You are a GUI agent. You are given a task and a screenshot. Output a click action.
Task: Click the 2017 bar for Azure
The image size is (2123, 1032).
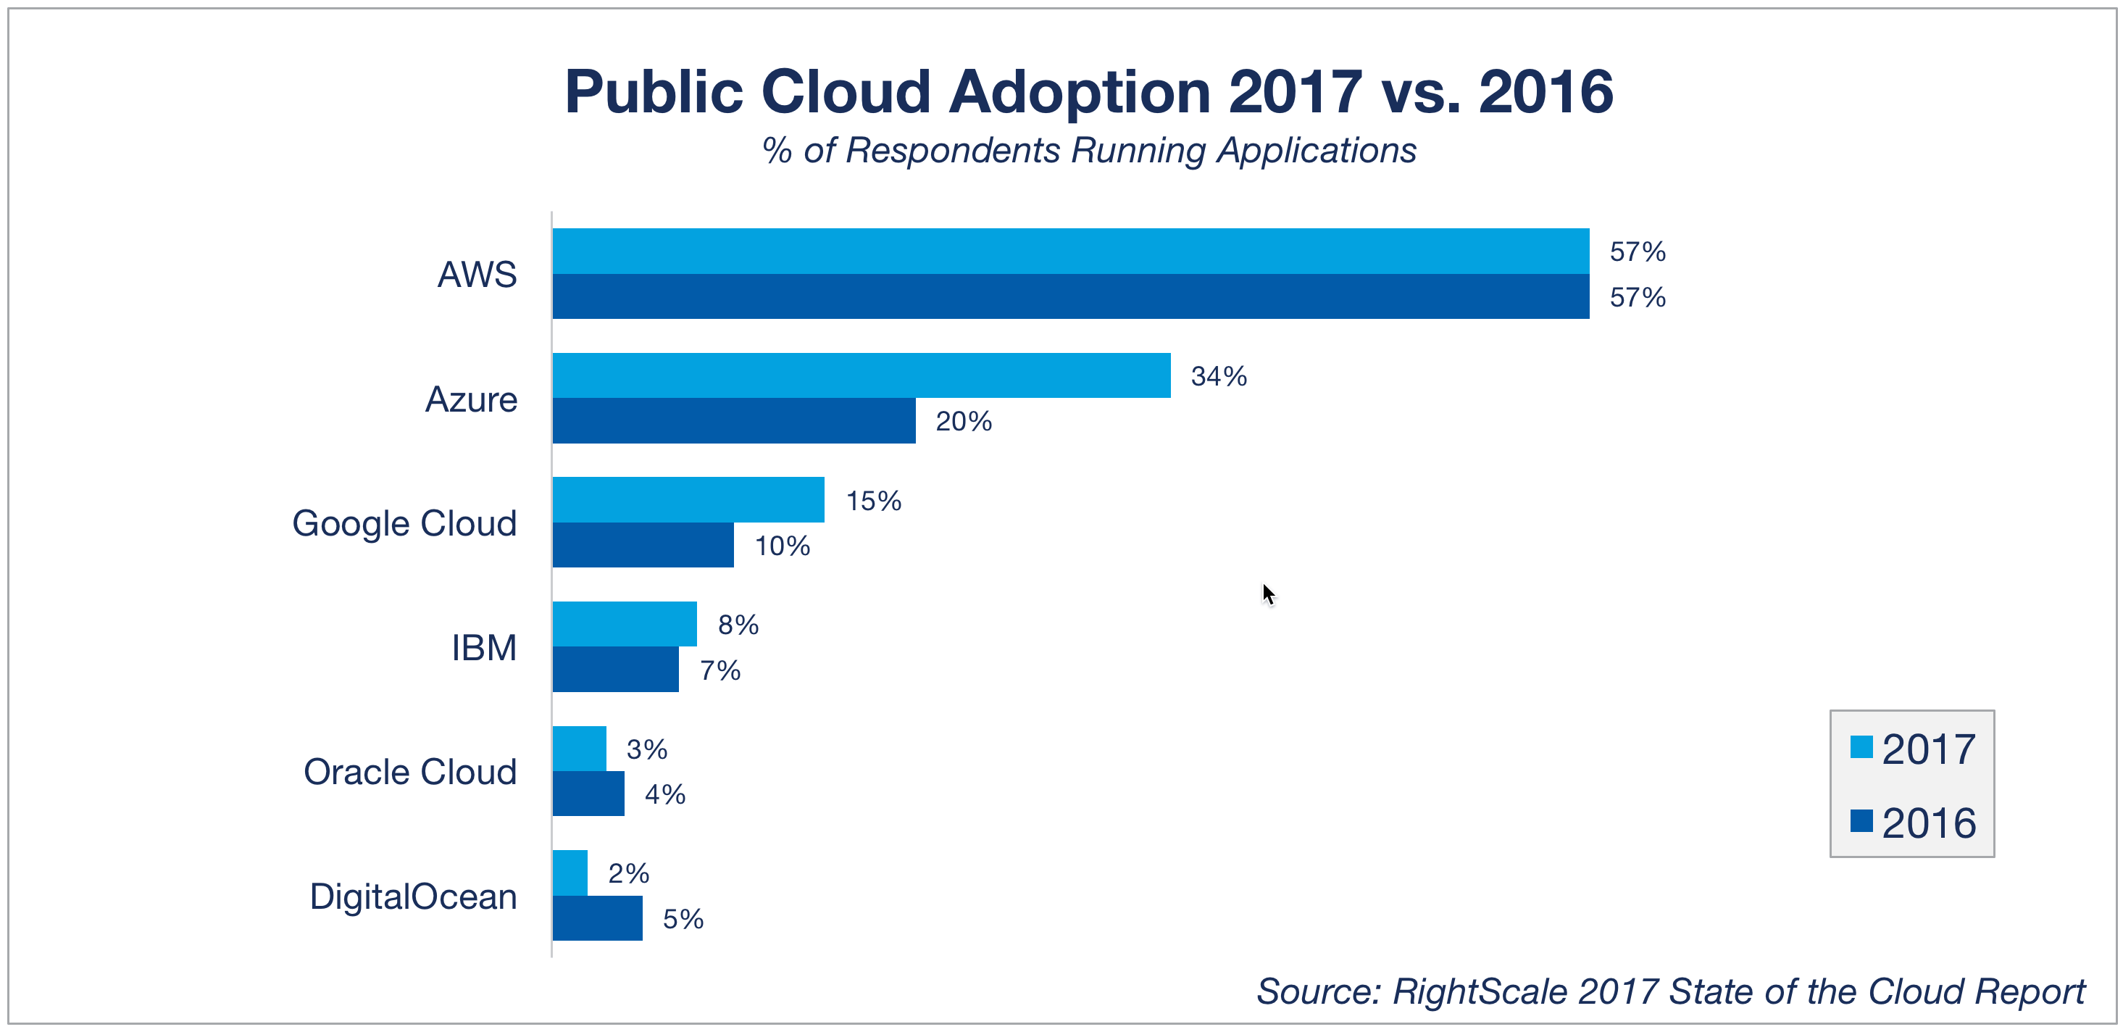tap(862, 376)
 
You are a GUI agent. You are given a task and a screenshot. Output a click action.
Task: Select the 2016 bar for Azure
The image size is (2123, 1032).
tap(733, 421)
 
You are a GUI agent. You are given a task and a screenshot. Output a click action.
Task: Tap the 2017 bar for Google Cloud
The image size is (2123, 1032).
tap(688, 499)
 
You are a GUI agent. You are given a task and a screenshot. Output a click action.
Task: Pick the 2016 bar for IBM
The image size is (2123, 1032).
tap(616, 670)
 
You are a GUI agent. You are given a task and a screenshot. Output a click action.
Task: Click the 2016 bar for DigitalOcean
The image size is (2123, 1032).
tap(598, 918)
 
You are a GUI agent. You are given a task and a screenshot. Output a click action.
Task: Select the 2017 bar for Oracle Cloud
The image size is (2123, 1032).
tap(580, 749)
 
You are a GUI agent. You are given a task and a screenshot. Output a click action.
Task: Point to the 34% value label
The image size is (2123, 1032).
tap(1218, 377)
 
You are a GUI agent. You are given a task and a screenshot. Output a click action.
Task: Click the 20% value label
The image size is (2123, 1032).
tap(963, 422)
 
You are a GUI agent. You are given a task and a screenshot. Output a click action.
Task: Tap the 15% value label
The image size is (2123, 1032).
tap(873, 502)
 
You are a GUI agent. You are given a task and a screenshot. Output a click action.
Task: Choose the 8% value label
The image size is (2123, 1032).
tap(738, 625)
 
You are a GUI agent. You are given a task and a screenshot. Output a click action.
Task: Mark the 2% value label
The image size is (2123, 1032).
tap(628, 874)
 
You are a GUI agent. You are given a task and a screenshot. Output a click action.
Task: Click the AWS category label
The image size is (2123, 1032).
tap(477, 275)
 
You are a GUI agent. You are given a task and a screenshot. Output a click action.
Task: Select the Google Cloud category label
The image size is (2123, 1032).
tap(404, 523)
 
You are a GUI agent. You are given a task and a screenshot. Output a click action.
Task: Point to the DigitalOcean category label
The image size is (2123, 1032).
tap(413, 896)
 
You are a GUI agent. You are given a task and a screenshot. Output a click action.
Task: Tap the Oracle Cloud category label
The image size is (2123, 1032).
tap(409, 773)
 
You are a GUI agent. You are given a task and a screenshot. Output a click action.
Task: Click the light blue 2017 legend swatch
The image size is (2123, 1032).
tap(1861, 746)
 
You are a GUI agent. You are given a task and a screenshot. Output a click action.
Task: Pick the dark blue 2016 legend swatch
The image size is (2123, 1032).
tap(1861, 821)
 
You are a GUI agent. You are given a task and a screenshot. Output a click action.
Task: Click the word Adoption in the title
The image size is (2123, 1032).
tap(1080, 91)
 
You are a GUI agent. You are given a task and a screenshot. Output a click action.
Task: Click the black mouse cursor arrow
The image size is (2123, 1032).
tap(1267, 594)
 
